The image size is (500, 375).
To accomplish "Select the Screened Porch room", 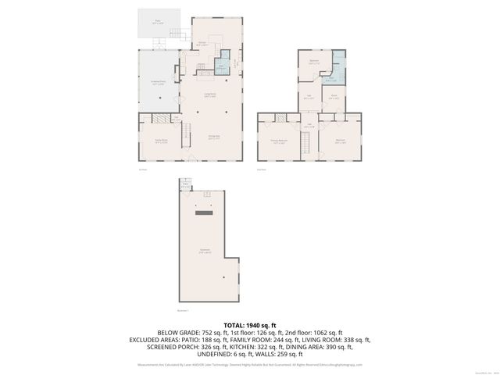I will (x=159, y=81).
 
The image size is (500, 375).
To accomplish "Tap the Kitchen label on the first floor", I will (x=202, y=45).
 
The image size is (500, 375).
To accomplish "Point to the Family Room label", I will (x=160, y=141).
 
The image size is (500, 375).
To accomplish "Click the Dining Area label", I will (x=213, y=137).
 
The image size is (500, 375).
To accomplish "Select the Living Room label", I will (x=210, y=95).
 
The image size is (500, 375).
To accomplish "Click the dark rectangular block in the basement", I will (x=205, y=212).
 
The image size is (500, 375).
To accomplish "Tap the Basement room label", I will (x=205, y=252).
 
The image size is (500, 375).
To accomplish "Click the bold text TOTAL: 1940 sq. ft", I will (x=249, y=324).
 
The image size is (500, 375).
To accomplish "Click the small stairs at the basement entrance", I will (x=185, y=185).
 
